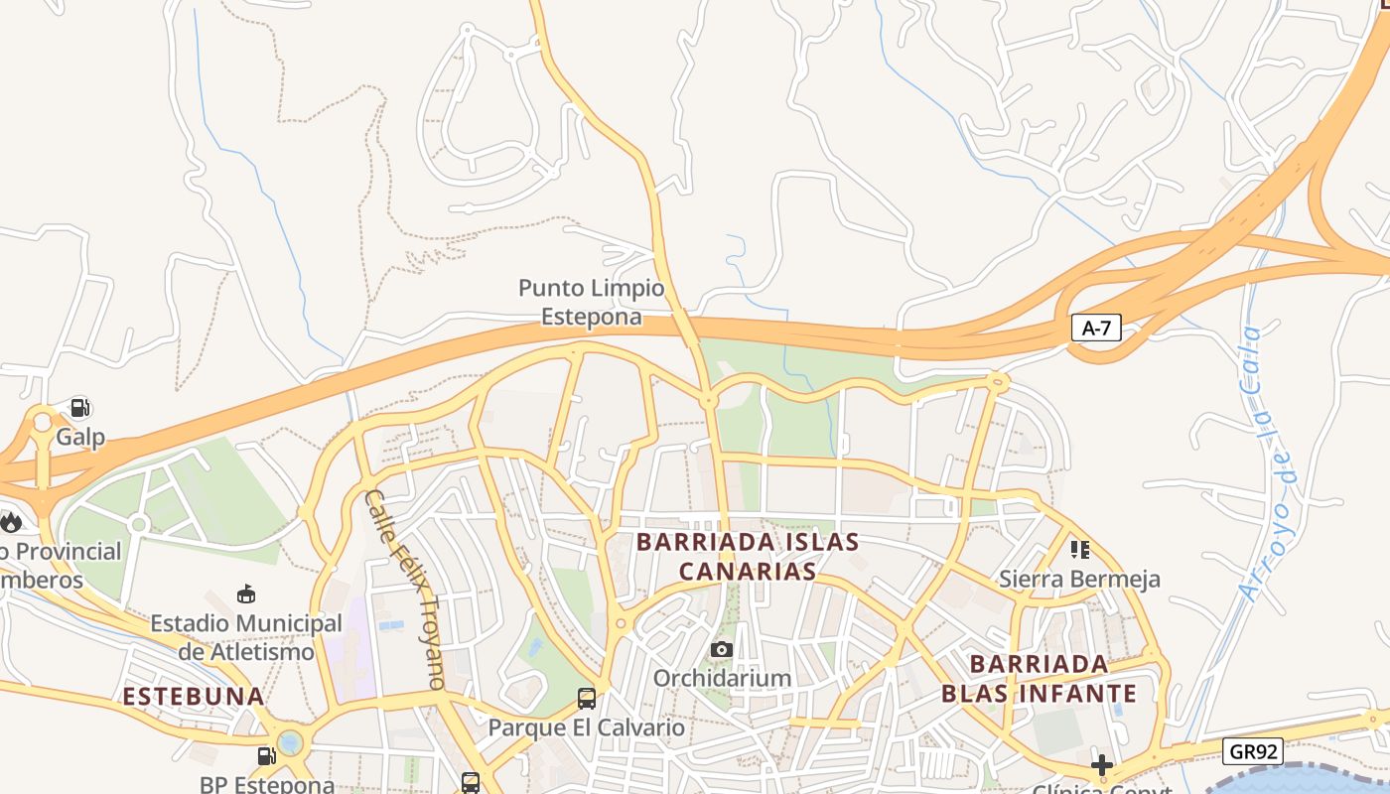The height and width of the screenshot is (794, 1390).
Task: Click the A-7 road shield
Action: (x=1096, y=329)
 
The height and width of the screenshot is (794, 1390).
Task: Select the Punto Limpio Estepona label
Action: (x=591, y=303)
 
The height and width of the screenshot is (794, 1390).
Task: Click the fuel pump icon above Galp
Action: (x=80, y=407)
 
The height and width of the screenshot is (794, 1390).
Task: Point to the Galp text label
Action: (x=80, y=437)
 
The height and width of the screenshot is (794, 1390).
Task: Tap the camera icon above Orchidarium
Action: (x=722, y=650)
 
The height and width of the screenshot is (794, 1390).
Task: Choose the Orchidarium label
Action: (x=722, y=678)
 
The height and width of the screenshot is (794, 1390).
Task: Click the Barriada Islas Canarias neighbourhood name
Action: (x=748, y=557)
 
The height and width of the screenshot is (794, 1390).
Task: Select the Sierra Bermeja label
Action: (x=1079, y=579)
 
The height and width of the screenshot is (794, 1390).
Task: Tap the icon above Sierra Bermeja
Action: (x=1080, y=549)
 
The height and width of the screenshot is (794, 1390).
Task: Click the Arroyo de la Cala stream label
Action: (x=1265, y=462)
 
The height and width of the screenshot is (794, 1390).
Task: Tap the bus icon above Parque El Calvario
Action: (x=587, y=698)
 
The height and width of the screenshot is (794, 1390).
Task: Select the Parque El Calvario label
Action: (x=586, y=728)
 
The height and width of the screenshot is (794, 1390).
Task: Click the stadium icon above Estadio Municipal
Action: (x=246, y=594)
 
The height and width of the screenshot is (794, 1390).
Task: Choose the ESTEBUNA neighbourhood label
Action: (x=194, y=696)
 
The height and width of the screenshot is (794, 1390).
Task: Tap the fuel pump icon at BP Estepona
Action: (x=266, y=756)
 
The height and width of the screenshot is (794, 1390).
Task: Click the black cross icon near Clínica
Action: (x=1101, y=765)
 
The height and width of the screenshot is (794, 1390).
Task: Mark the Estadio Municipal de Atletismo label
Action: (x=246, y=637)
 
